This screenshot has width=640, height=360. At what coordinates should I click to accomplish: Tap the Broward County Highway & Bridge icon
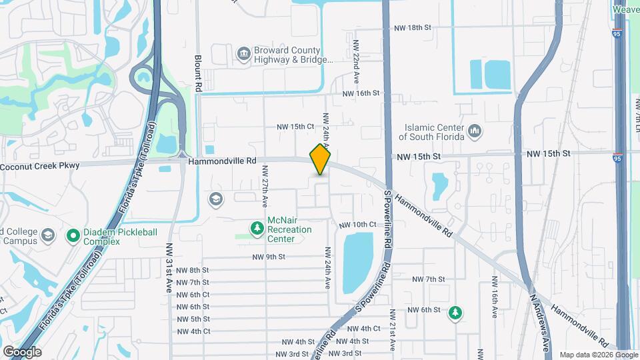click(243, 53)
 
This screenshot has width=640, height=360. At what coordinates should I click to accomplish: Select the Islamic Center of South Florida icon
click(474, 130)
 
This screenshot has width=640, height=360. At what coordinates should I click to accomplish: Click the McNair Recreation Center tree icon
click(257, 229)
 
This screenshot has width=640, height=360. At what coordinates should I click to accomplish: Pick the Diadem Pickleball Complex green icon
click(73, 235)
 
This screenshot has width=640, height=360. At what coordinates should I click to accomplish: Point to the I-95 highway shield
click(618, 158)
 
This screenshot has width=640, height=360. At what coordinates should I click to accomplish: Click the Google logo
click(22, 352)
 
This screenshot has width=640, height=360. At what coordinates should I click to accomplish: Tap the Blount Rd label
click(198, 73)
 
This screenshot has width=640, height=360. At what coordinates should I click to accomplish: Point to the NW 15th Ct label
click(295, 127)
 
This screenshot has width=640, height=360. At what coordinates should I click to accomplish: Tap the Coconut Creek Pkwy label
click(40, 166)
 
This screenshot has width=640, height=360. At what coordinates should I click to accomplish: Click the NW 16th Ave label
click(494, 296)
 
